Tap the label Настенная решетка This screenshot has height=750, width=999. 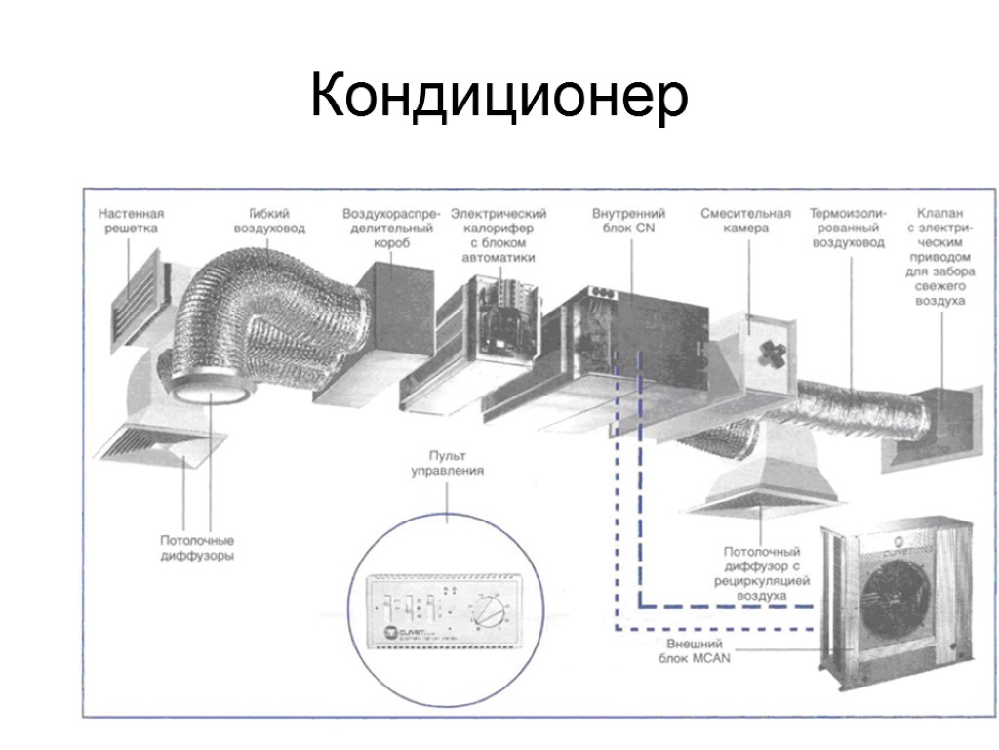click(131, 221)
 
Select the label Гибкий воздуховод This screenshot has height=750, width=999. click(269, 221)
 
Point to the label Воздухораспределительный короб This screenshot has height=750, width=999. click(392, 228)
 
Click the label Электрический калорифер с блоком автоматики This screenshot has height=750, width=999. click(502, 234)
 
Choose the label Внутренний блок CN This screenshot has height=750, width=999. click(629, 221)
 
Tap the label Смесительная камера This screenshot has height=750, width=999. click(745, 221)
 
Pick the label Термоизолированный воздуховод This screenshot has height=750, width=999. click(848, 228)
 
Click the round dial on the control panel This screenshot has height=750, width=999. click(486, 614)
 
